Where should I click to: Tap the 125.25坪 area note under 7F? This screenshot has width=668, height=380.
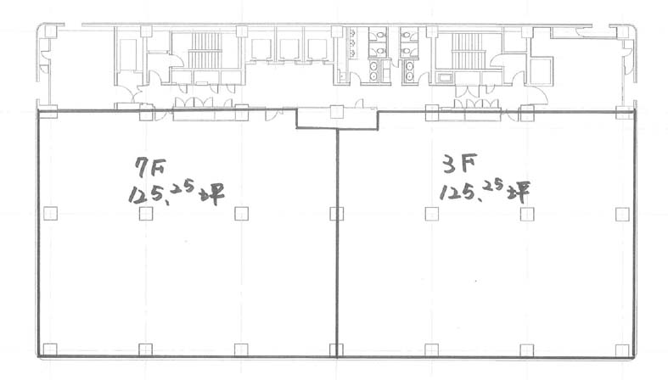coord(176,193)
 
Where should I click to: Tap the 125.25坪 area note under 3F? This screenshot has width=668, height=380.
coord(485,191)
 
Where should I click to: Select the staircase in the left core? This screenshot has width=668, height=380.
coord(205,50)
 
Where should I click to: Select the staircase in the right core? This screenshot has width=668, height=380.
coord(469,51)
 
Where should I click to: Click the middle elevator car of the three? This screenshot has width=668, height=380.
coord(289,49)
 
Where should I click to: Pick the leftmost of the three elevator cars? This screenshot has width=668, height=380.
coord(261,49)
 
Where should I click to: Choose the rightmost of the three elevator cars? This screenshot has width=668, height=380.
coord(317,49)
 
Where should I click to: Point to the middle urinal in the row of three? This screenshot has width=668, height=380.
coord(353,42)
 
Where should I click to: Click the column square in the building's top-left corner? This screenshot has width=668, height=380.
coord(50,31)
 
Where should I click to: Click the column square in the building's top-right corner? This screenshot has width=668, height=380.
coord(622,31)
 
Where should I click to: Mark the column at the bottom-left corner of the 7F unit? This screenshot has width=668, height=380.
coord(50,349)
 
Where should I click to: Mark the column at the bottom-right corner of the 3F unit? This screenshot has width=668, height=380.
coord(622,350)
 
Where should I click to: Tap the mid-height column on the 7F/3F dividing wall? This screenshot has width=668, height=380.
coord(337,214)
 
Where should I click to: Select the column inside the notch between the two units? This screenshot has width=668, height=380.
coord(337,112)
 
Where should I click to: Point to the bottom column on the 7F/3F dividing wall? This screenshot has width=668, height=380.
coord(337,350)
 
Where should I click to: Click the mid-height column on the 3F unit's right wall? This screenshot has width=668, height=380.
coord(622,214)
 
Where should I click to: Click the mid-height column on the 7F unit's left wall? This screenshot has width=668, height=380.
coord(50,213)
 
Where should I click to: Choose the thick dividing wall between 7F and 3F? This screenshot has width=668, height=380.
coord(337,243)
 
